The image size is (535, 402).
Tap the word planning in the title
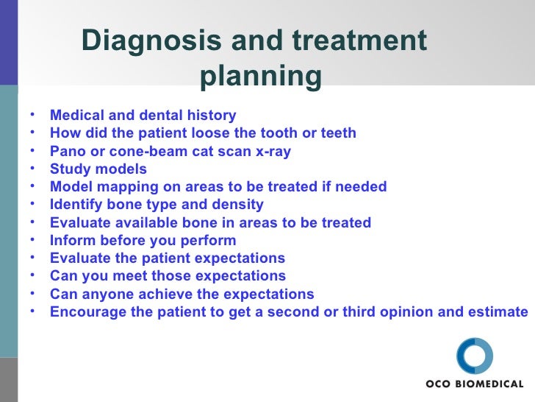point(260,77)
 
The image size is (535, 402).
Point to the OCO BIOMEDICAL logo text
point(475,384)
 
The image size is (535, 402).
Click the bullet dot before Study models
point(34,169)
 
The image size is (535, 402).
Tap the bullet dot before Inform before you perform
point(34,240)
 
